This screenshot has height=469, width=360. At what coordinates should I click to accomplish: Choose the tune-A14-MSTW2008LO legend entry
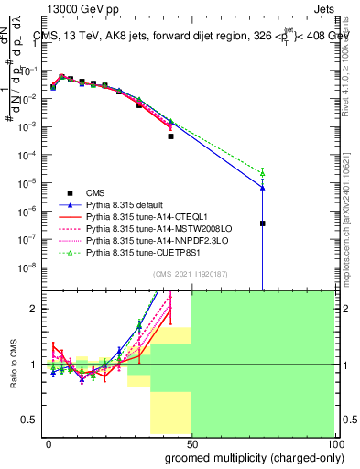point(147,228)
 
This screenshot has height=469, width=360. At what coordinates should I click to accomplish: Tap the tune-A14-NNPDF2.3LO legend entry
point(147,240)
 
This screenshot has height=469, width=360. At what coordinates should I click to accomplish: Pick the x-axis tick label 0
point(49,442)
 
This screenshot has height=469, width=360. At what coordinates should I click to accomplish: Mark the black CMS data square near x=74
point(262,223)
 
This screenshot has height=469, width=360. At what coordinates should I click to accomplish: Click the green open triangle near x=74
point(262,172)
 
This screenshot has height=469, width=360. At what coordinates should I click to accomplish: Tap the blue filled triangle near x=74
point(262,187)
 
